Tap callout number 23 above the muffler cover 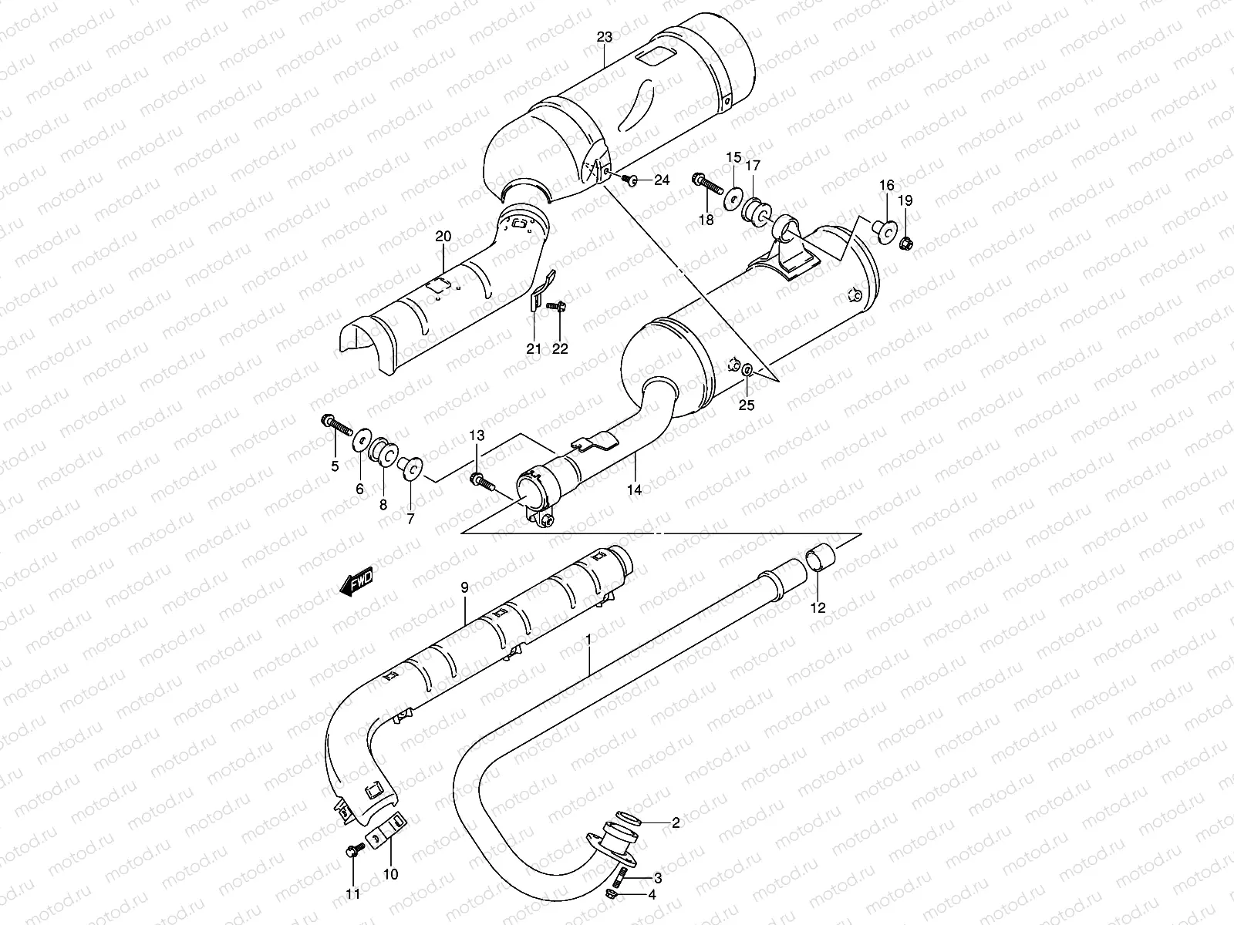pos(604,36)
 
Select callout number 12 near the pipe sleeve pos(818,607)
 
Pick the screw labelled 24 pos(629,180)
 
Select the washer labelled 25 pos(747,373)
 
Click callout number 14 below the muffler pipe pos(635,489)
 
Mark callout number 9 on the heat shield pos(464,588)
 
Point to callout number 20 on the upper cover pos(441,235)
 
